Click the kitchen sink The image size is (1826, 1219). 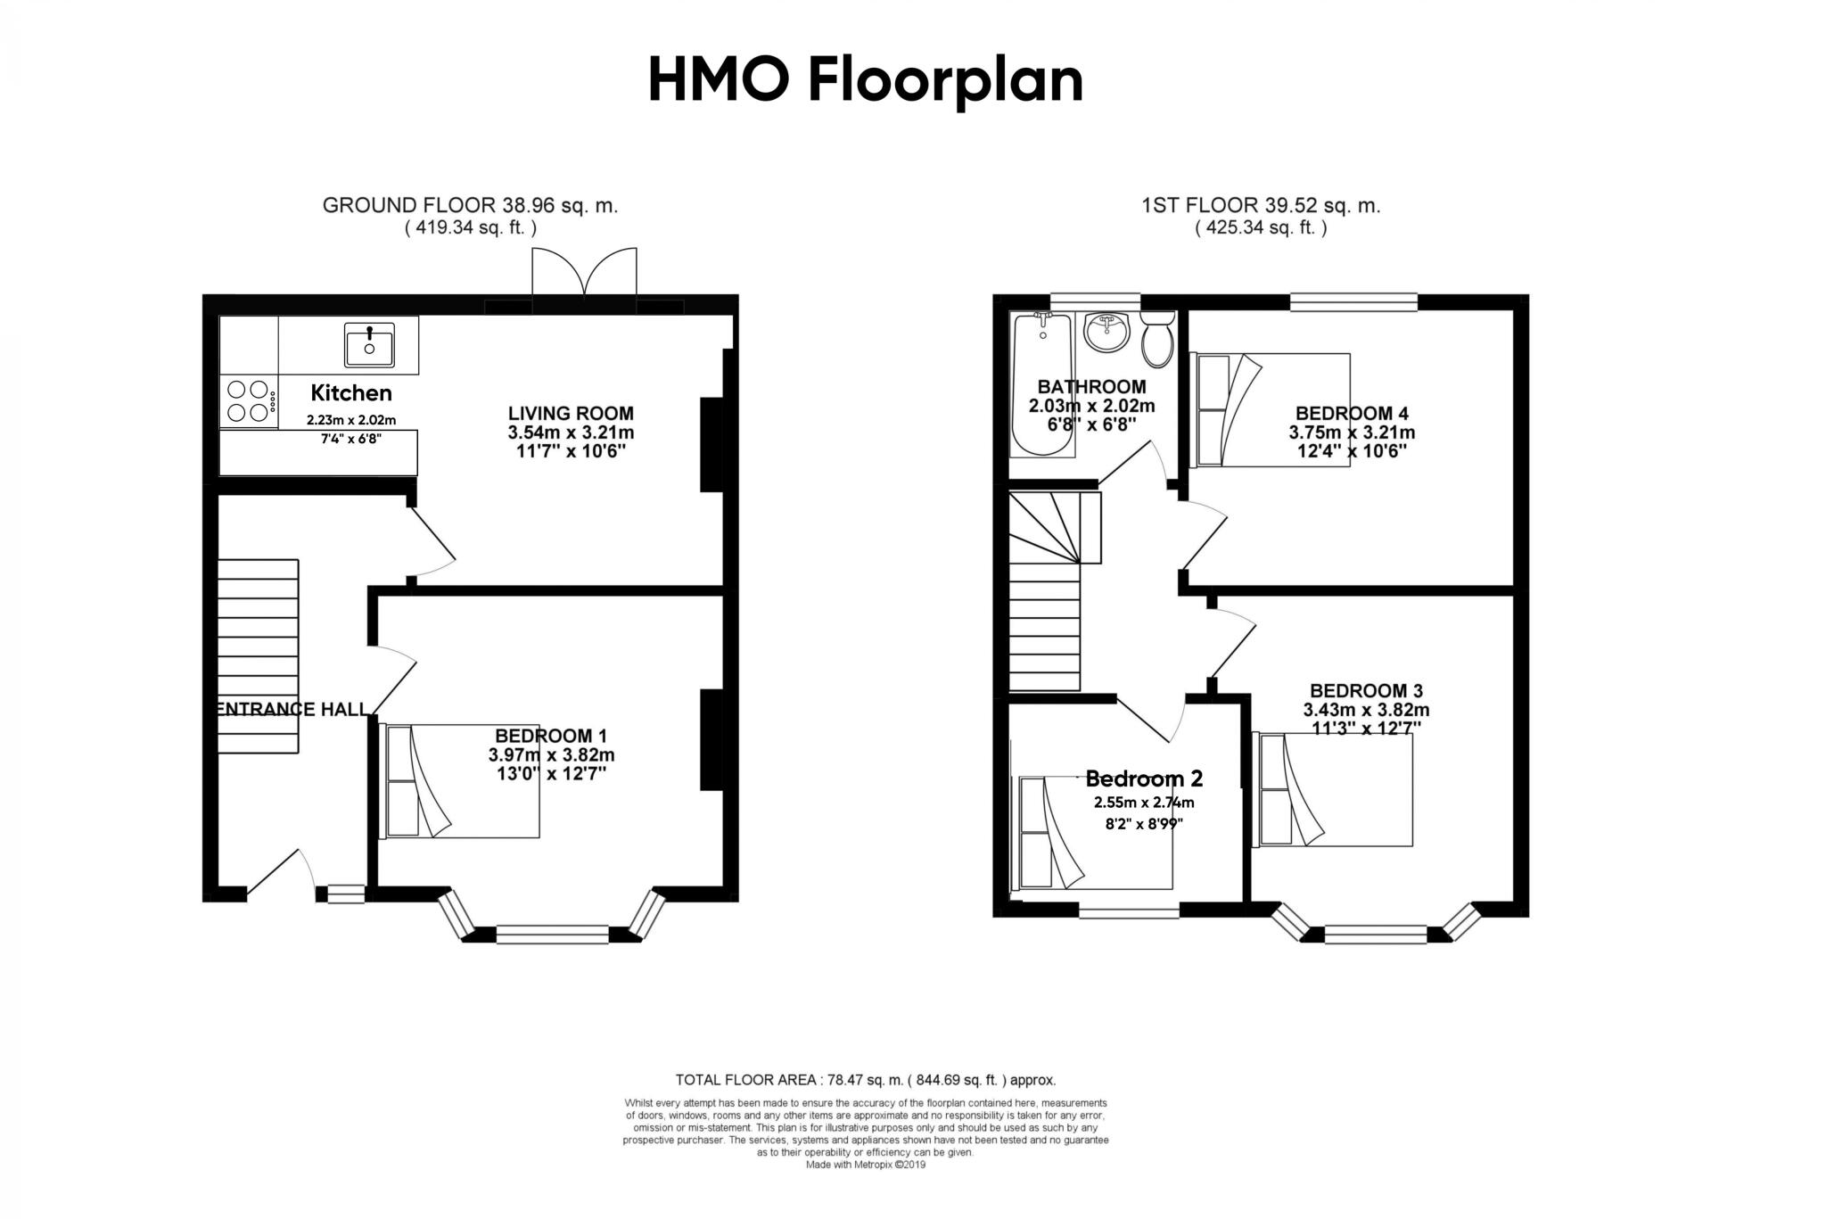[x=369, y=345]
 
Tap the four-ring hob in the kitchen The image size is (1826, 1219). [x=249, y=400]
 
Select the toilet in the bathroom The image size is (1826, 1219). [x=1157, y=340]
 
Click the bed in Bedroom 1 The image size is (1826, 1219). [x=460, y=781]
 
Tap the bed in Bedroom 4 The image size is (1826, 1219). [x=1271, y=409]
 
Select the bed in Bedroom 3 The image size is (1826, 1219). [x=1333, y=789]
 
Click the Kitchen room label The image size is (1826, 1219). [x=351, y=393]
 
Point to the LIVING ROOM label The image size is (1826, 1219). [x=571, y=414]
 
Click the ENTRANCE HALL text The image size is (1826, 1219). [x=292, y=710]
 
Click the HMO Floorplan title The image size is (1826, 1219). [x=865, y=80]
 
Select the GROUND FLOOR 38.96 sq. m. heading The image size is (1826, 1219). [x=470, y=206]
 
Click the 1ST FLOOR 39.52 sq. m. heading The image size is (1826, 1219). [x=1261, y=206]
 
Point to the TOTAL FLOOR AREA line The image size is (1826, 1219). [x=865, y=1080]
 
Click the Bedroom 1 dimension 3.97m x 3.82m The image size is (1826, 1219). [x=551, y=755]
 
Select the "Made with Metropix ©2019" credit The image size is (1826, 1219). [x=866, y=1165]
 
